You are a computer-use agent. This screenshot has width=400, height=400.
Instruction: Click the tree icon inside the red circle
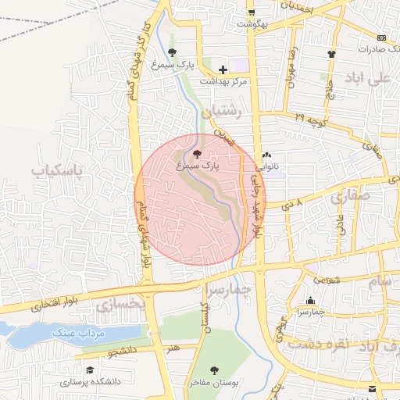(195, 154)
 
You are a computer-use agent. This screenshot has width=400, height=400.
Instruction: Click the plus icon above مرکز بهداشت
(223, 70)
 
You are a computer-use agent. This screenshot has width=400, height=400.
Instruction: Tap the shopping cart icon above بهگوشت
(251, 12)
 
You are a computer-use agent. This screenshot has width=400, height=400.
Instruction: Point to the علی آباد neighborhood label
(368, 79)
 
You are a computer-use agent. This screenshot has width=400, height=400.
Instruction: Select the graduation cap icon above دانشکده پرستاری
(90, 370)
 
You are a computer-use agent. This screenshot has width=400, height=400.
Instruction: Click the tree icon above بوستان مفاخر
(215, 370)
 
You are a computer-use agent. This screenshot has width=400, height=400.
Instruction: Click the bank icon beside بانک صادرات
(381, 37)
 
